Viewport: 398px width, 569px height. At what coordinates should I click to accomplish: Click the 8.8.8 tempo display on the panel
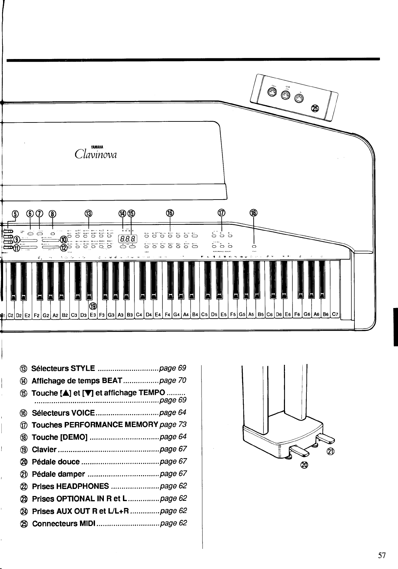coord(127,239)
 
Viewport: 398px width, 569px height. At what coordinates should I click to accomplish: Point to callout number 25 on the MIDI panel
coord(316,108)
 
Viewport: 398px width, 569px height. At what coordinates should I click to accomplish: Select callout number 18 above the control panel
coord(254,213)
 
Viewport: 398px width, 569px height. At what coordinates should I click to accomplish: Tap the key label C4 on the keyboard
coord(139,315)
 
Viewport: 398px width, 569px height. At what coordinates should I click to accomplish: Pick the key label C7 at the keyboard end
coord(335,314)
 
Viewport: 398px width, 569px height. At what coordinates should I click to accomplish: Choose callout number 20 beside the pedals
coord(304,465)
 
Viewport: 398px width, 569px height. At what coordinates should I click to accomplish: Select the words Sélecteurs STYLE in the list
coord(63,368)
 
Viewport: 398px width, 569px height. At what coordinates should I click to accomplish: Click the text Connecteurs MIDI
coord(63,523)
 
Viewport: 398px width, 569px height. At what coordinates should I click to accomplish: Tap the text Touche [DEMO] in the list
coord(60,437)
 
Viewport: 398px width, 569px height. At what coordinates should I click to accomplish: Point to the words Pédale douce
coord(55,462)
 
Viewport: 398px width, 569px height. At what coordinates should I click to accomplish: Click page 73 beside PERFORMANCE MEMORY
coord(173,425)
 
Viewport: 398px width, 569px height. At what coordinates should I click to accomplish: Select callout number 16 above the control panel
coord(170,213)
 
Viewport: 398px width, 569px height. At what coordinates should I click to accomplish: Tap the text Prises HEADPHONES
coord(70,486)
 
